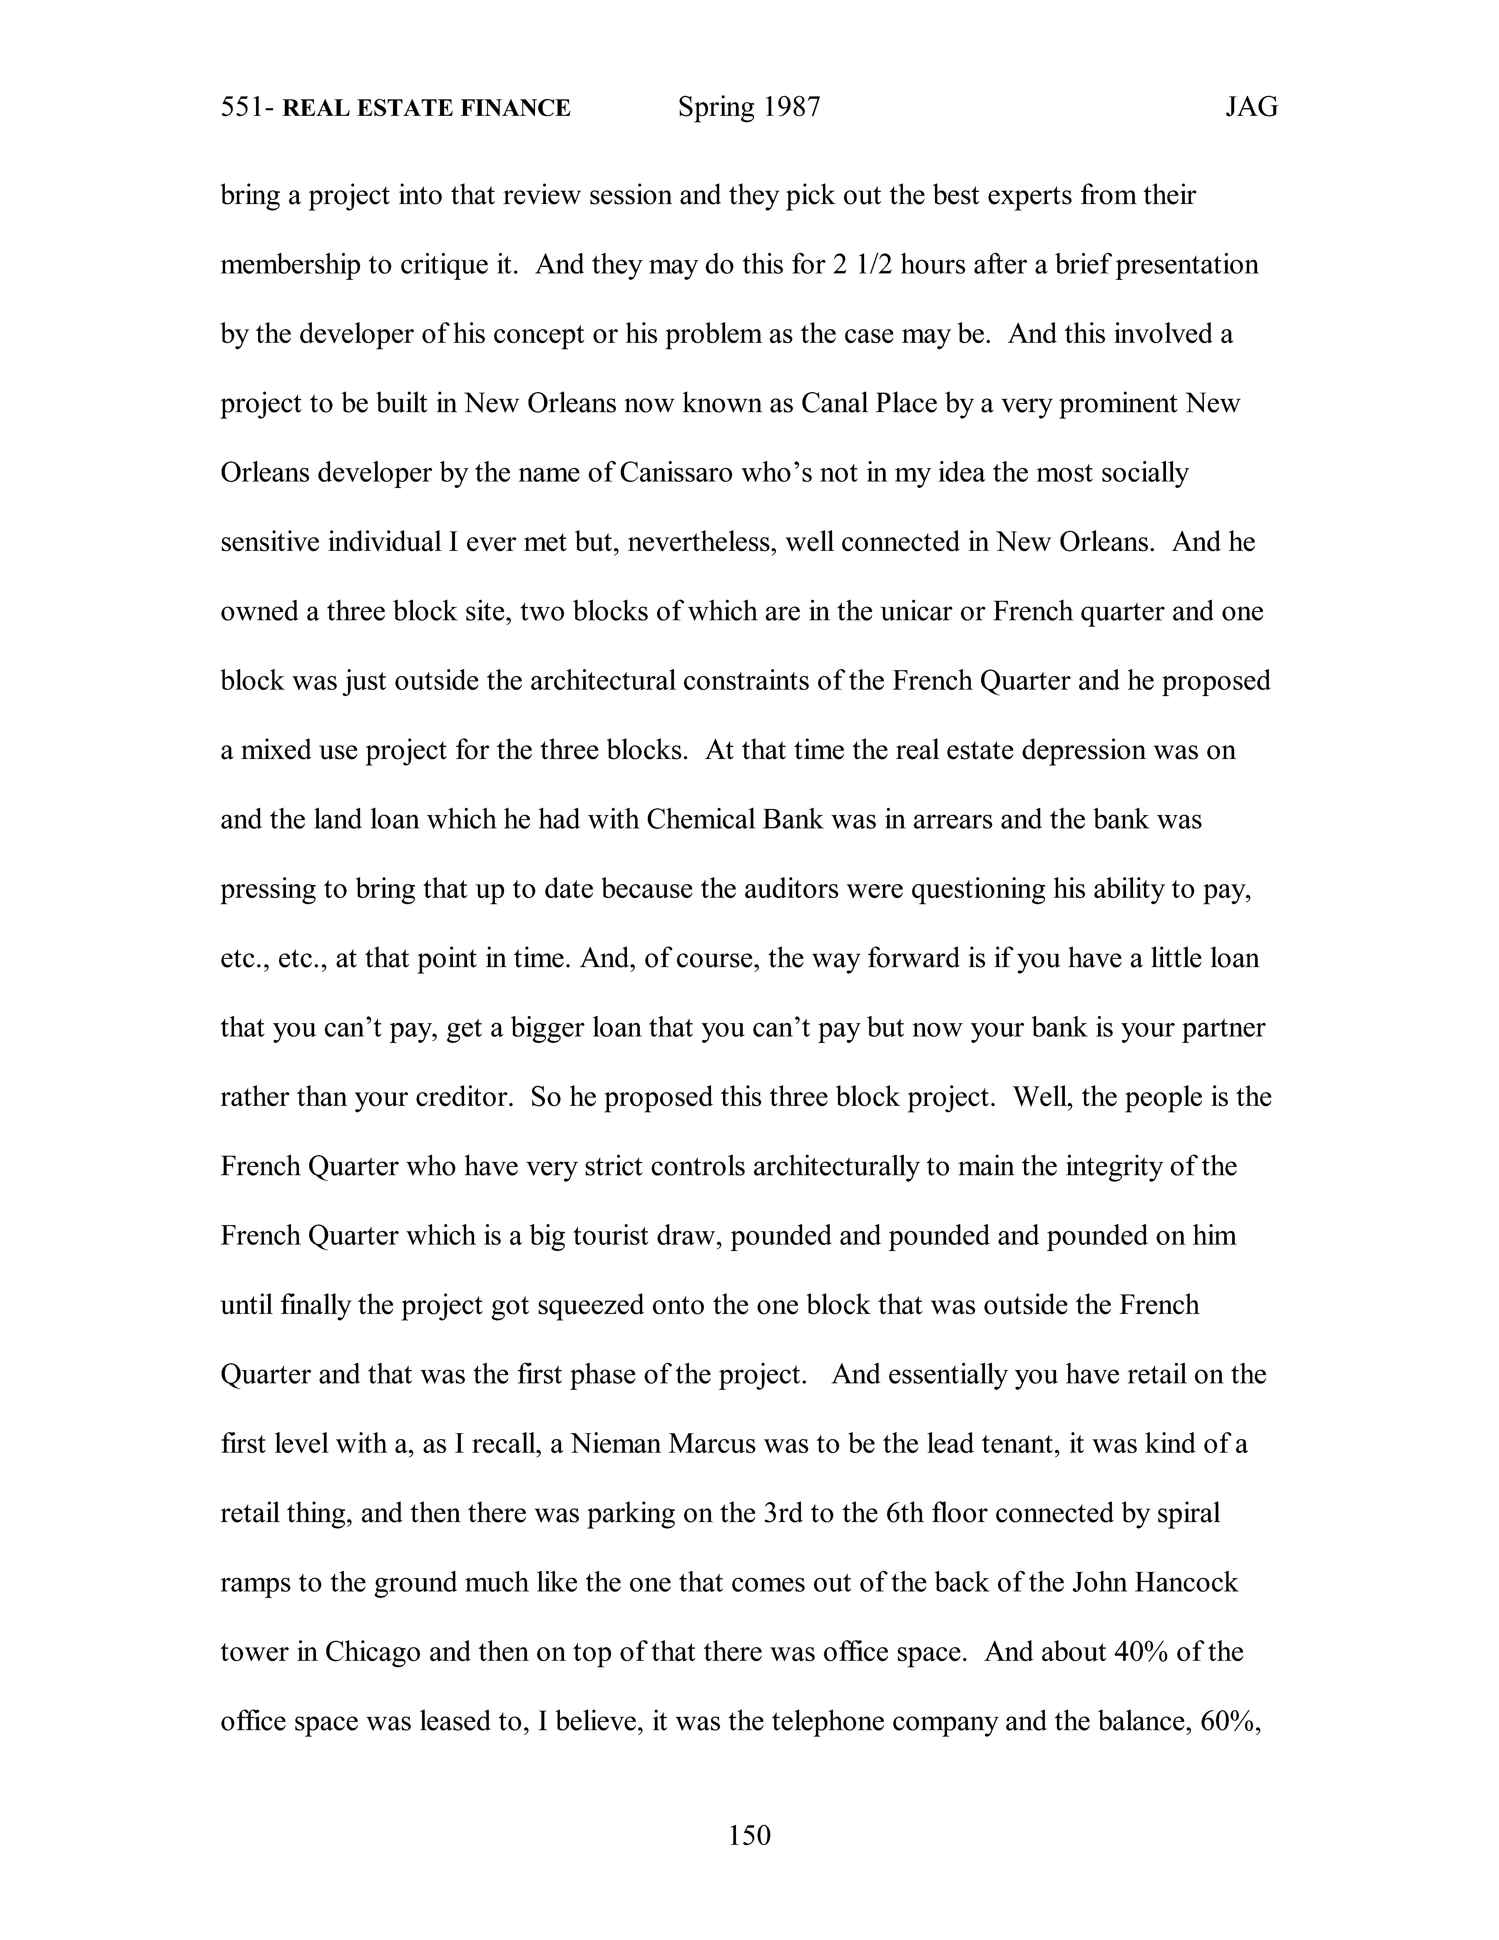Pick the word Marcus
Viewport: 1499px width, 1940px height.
710,1444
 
